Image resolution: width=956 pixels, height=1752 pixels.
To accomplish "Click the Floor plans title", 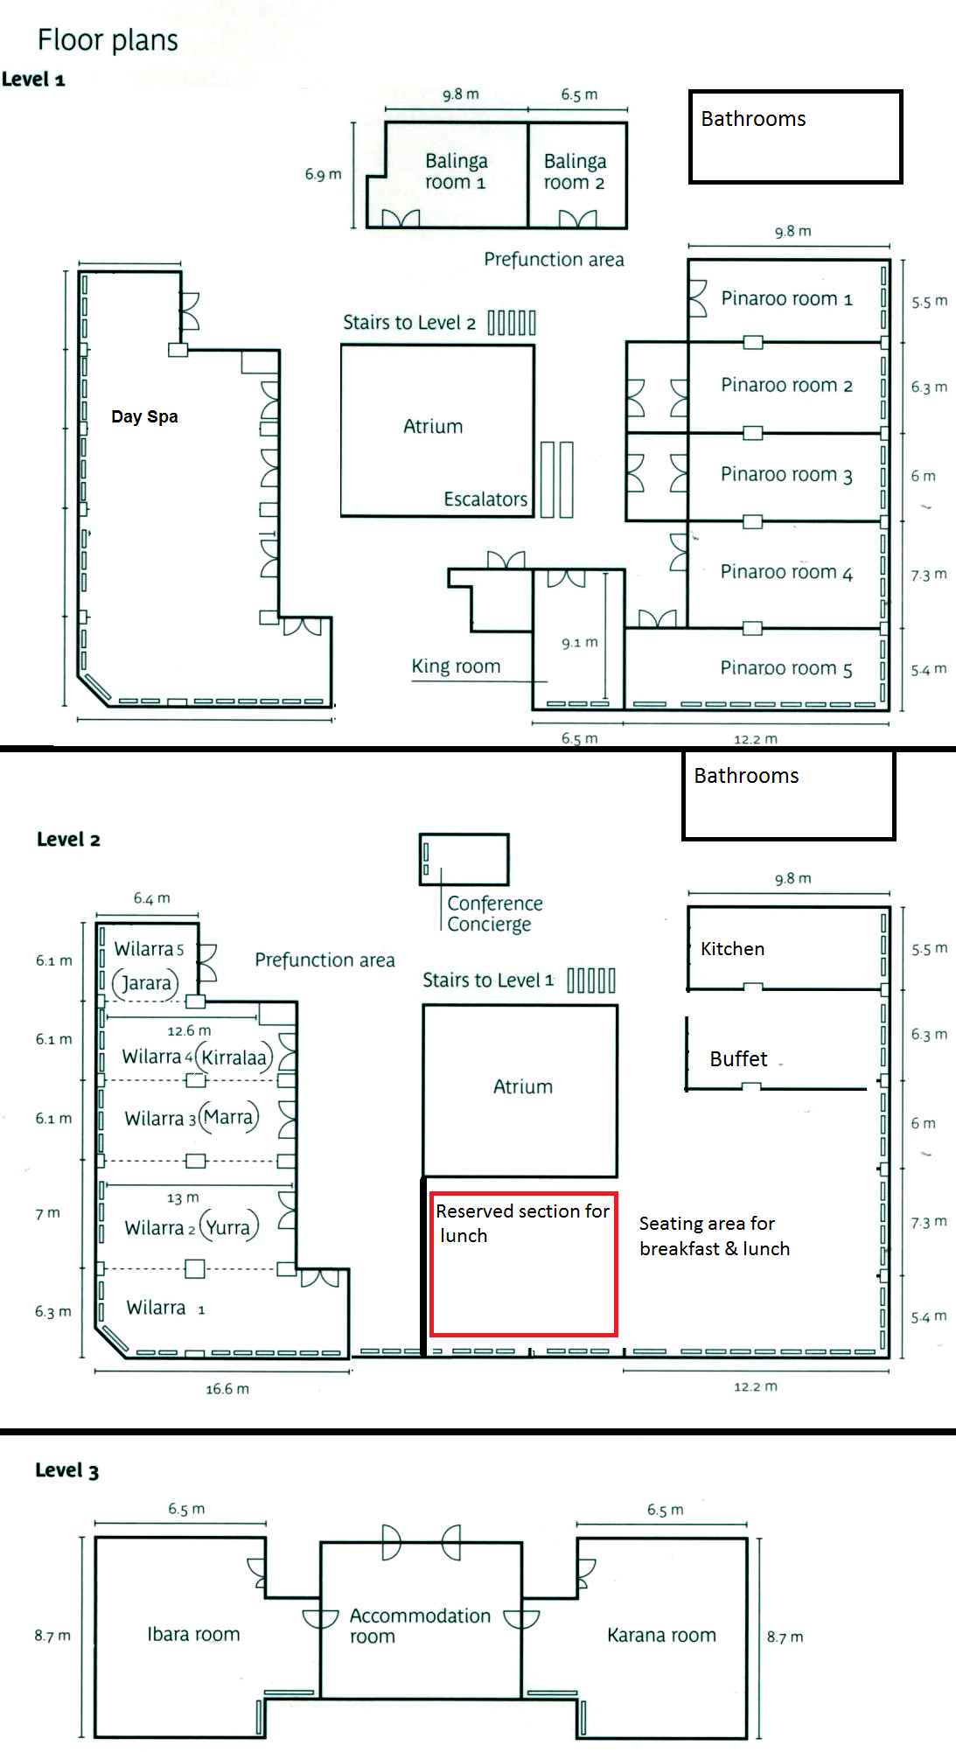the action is [108, 40].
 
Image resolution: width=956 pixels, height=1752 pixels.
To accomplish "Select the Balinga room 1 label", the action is [456, 171].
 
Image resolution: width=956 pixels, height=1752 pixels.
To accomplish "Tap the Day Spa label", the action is [144, 416].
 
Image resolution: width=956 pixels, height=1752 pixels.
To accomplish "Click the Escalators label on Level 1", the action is [485, 499].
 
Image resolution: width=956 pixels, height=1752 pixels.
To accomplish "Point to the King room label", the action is [456, 667].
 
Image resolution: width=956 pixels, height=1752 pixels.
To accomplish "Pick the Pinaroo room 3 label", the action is [786, 474].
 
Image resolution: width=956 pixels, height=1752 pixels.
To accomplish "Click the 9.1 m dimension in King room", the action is [580, 643].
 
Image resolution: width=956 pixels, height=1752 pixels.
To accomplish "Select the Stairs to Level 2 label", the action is [409, 323].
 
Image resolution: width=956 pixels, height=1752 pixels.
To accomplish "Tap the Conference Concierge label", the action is [494, 914].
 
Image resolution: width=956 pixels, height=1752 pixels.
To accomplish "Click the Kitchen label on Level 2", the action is [732, 949].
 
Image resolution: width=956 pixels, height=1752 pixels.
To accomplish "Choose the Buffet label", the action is [738, 1059].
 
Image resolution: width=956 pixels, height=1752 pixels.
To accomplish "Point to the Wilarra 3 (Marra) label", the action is [192, 1118].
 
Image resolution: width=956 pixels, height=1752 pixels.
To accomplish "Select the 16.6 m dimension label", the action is [227, 1389].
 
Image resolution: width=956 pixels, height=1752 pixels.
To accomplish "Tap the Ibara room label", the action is [193, 1635].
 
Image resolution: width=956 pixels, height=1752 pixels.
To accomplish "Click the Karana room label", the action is [661, 1636].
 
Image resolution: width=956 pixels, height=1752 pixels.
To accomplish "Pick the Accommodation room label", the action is [420, 1626].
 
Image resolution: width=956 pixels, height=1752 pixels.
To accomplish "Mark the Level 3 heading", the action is [66, 1470].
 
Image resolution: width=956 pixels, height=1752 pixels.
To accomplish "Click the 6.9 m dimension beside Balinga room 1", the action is [323, 175].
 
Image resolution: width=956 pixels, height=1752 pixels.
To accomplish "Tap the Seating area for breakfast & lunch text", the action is [715, 1236].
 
